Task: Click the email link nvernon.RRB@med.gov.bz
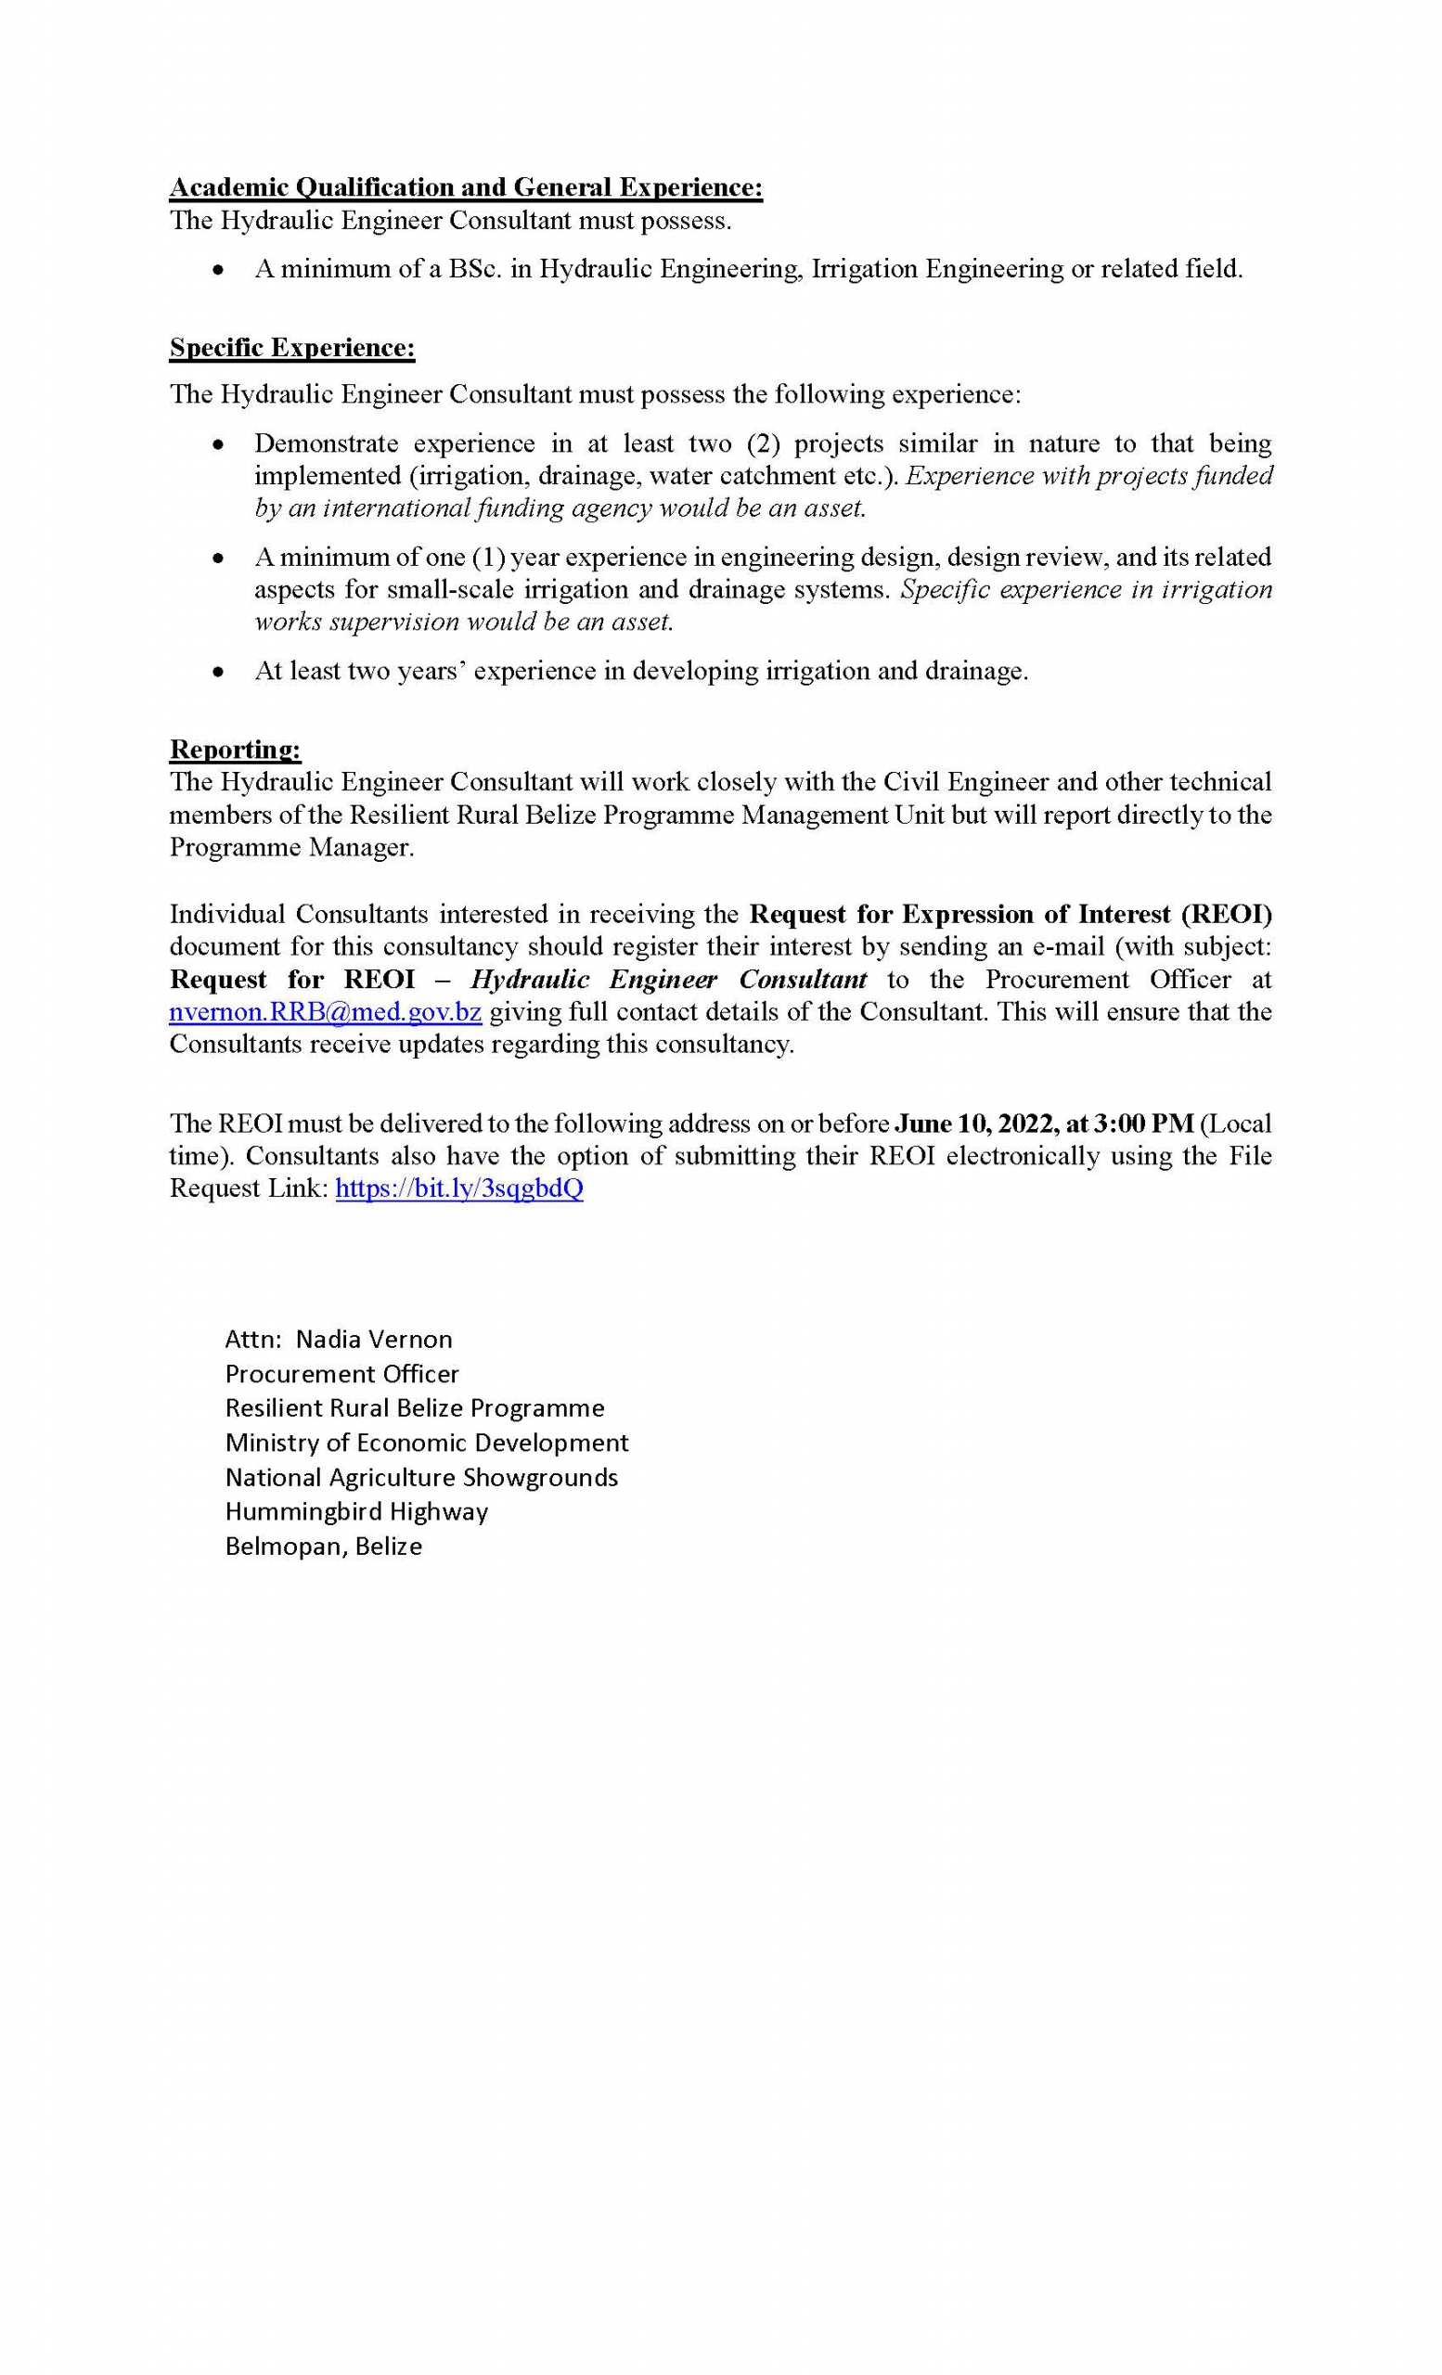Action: (325, 1012)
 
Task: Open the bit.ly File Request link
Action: (458, 1188)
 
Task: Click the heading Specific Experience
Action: (292, 348)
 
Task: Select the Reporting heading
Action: (235, 749)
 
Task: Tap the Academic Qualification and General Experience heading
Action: (466, 187)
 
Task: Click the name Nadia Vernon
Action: (374, 1339)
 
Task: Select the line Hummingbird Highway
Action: (356, 1511)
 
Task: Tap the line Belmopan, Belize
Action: (324, 1546)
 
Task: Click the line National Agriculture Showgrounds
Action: (421, 1478)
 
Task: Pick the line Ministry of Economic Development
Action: (426, 1443)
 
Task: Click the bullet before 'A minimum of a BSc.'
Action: (219, 271)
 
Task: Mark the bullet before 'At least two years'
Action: (219, 673)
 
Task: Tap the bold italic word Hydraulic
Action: (529, 980)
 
